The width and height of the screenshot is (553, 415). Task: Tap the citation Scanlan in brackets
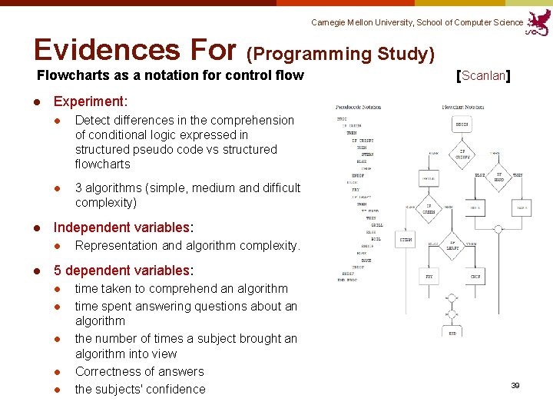[x=484, y=75]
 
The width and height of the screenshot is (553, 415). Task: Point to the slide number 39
[x=515, y=385]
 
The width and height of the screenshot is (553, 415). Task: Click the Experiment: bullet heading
[x=90, y=101]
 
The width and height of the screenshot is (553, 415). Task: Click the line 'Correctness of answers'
[x=139, y=372]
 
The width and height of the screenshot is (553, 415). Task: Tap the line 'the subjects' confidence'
[x=140, y=390]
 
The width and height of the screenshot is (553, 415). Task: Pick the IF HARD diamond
[x=498, y=176]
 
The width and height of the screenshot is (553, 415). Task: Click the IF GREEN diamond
[x=430, y=208]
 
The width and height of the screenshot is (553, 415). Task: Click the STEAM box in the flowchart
[x=406, y=239]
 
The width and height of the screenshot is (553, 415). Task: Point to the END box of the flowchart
[x=452, y=333]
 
